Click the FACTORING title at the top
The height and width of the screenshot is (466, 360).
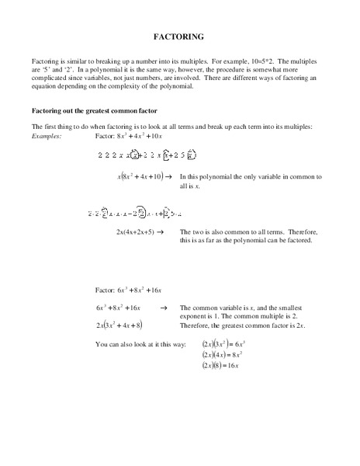pos(180,37)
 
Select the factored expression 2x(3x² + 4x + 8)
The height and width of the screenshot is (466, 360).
pos(121,325)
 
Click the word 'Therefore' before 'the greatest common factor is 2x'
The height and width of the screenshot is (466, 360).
pos(197,325)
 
